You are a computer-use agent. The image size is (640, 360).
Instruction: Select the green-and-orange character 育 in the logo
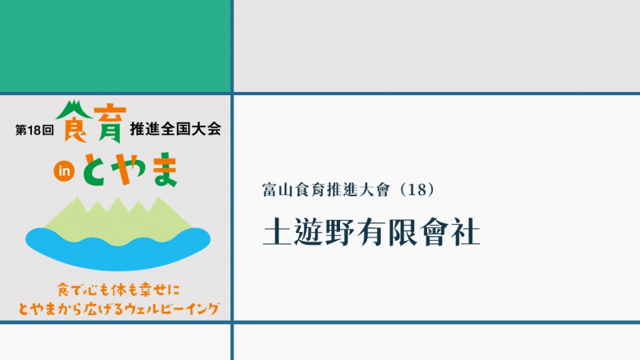[x=110, y=124]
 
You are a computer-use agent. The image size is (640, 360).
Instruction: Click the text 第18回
[x=34, y=130]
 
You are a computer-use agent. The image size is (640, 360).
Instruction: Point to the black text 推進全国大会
[x=175, y=129]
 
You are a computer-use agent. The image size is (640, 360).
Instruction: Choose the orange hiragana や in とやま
[x=130, y=168]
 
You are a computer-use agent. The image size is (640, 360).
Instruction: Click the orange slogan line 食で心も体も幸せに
[x=118, y=290]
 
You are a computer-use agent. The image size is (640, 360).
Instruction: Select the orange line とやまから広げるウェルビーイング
[x=118, y=309]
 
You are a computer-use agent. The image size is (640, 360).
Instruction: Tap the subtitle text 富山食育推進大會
[x=326, y=190]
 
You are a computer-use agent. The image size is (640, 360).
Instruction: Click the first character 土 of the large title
[x=276, y=232]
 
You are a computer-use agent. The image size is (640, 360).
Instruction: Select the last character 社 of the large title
[x=466, y=232]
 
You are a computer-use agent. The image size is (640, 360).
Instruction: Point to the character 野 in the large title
[x=339, y=232]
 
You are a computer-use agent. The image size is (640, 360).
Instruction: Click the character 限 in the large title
[x=402, y=232]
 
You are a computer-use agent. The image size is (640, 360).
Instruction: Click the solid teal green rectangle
[x=115, y=46]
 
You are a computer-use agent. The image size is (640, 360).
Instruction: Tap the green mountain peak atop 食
[x=74, y=109]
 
